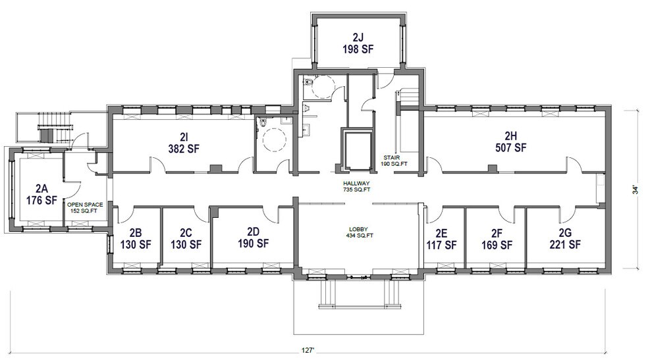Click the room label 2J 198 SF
coord(358,42)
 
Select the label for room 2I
coord(183,142)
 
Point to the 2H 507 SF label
coord(511,141)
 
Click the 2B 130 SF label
coord(136,238)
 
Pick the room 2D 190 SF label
coord(253,238)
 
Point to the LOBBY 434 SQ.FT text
coord(361,232)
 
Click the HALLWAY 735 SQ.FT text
coord(356,186)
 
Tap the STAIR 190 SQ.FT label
coord(397,161)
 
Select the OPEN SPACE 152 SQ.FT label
coord(86,208)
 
